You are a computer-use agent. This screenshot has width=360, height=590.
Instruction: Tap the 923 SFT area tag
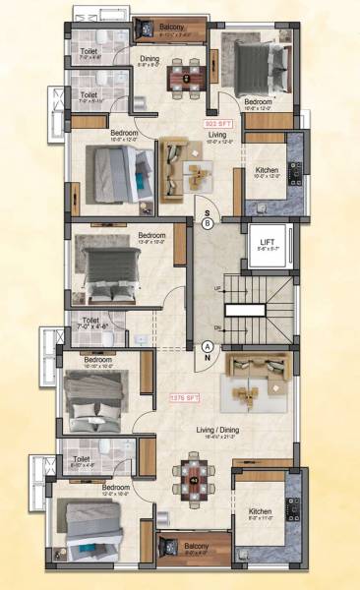(x=212, y=124)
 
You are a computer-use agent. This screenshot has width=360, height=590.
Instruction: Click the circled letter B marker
(x=208, y=224)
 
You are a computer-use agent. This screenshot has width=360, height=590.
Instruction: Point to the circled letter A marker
(x=208, y=347)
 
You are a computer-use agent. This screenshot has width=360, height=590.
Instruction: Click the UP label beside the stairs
(x=216, y=289)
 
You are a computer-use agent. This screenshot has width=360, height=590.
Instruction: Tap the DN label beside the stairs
(x=216, y=328)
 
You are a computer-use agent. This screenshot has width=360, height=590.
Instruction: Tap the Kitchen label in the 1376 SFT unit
(x=260, y=511)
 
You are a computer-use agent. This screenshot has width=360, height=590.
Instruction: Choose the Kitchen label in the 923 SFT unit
(x=267, y=171)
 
